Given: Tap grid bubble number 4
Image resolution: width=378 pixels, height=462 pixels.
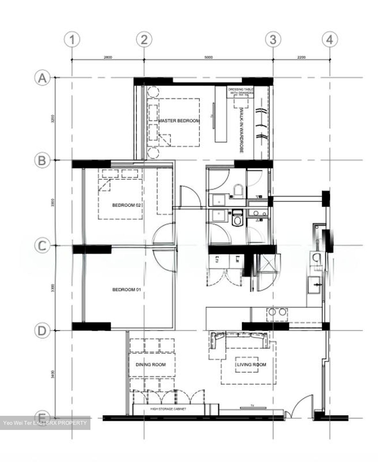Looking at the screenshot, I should (330, 40).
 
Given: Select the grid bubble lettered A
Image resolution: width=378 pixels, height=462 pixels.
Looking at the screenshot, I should (42, 78).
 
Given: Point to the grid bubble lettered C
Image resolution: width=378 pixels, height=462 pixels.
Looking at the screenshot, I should (42, 246).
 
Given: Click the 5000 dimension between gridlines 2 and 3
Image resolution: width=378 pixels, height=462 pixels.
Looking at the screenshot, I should (208, 57).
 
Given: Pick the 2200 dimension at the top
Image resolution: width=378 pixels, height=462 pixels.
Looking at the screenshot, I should (301, 57).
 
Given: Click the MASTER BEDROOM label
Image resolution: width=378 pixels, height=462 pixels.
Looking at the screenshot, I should (179, 121).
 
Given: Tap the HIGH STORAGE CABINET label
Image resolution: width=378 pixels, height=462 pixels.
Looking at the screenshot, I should (168, 409).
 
